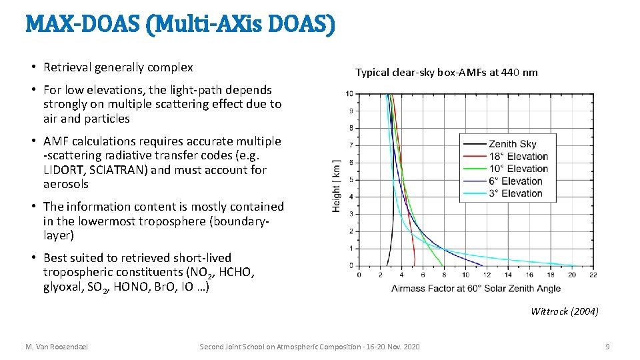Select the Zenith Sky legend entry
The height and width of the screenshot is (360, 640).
click(511, 144)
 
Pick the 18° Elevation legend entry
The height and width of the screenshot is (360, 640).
click(518, 156)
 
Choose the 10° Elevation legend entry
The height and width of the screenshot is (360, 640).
click(518, 169)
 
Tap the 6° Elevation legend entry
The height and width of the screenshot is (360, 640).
click(515, 181)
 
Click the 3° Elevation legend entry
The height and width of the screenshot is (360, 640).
click(515, 193)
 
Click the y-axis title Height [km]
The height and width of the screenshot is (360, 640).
click(336, 186)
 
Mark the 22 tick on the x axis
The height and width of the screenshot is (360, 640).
click(593, 275)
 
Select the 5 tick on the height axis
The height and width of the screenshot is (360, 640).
click(351, 180)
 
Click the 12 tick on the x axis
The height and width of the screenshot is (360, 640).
click(487, 275)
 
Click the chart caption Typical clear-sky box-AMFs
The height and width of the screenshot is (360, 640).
click(446, 72)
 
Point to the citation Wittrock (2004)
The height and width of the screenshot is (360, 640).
click(564, 311)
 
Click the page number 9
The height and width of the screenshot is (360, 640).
click(607, 347)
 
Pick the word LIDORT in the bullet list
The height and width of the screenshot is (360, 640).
click(65, 170)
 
